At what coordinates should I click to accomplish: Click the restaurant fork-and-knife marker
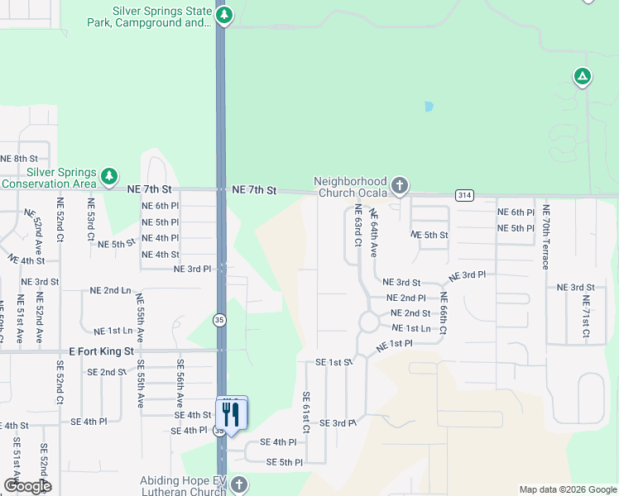232,413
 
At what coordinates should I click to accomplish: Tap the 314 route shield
464,194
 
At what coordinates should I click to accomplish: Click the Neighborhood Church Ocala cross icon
400,185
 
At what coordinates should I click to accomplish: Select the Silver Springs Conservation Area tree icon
108,175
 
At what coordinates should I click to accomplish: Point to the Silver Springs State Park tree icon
224,16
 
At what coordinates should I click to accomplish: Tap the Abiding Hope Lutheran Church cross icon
238,484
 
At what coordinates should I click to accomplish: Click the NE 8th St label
20,158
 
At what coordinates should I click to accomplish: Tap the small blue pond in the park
428,107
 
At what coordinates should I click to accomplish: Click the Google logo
27,485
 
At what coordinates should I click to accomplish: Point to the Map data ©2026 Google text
568,489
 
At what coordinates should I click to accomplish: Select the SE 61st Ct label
305,413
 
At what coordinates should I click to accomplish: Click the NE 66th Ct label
444,313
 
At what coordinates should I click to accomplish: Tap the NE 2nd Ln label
110,291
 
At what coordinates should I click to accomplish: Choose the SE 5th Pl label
285,462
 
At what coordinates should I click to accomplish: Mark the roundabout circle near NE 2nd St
368,321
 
